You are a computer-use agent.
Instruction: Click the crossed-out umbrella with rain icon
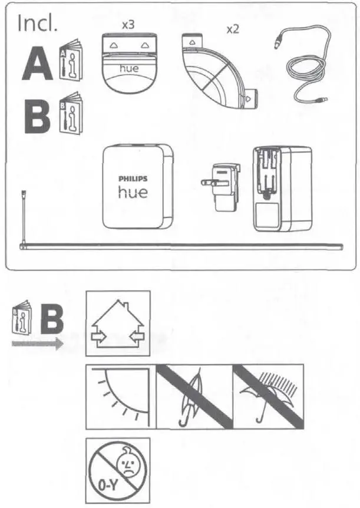(268, 395)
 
